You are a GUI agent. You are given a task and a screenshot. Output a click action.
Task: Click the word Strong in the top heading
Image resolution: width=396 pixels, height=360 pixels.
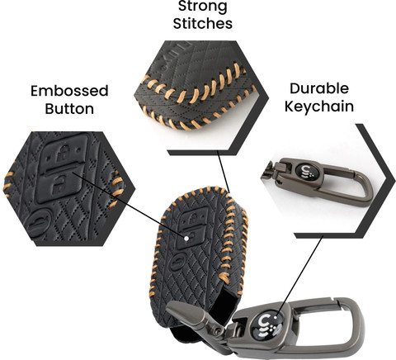(203, 7)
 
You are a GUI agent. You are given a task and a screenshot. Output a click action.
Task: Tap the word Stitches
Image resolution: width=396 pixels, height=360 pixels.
(203, 23)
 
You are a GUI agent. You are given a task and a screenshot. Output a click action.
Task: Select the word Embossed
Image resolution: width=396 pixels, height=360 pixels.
(69, 91)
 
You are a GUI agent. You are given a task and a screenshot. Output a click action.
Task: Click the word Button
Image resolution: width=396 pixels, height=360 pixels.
(69, 109)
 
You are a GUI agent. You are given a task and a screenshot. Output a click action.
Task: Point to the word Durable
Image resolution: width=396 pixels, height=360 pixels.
(319, 88)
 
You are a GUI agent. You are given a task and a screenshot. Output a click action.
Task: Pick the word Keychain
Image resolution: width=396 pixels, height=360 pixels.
(319, 107)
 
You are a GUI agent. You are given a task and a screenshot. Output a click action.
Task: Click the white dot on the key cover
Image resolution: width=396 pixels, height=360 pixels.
(186, 239)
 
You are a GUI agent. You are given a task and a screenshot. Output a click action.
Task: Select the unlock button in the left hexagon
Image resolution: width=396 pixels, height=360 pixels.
(59, 185)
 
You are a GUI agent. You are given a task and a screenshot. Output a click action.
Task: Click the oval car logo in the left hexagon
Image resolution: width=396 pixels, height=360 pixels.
(39, 221)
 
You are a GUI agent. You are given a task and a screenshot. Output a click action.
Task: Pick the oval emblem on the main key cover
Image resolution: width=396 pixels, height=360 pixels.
(178, 263)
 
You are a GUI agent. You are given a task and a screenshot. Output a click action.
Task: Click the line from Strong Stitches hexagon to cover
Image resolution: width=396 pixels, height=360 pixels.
(223, 172)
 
